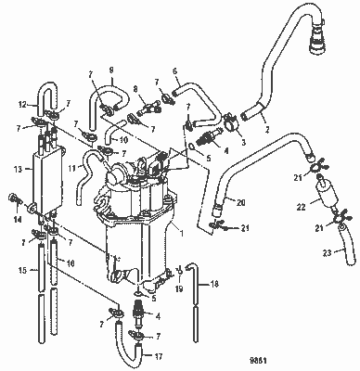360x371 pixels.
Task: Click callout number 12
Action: click(x=22, y=104)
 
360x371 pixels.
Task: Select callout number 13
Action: click(x=20, y=170)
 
